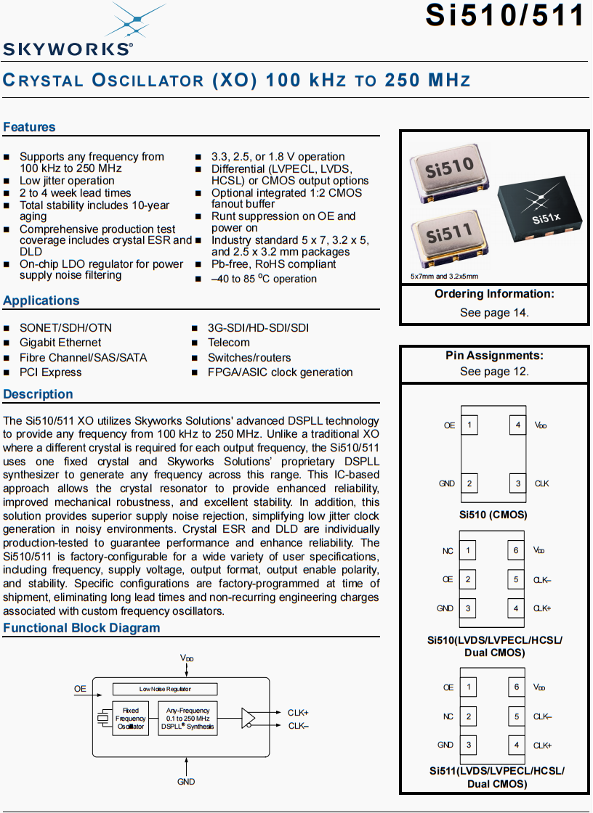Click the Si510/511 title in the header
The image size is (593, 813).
(504, 16)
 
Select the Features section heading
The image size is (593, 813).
(29, 127)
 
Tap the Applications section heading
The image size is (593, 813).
(41, 301)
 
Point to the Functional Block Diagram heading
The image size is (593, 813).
(81, 628)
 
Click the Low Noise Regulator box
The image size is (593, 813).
(165, 689)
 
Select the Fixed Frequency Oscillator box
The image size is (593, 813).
(131, 719)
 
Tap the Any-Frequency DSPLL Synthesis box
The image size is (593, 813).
(187, 719)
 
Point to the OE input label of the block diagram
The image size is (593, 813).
(80, 689)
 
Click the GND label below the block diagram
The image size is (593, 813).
(186, 782)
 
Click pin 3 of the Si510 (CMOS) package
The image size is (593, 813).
(517, 483)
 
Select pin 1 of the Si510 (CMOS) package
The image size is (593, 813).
(469, 425)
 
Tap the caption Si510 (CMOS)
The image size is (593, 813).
(493, 515)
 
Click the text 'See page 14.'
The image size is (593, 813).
(494, 313)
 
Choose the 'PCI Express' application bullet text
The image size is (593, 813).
(51, 372)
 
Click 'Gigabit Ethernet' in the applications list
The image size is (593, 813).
(60, 343)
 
